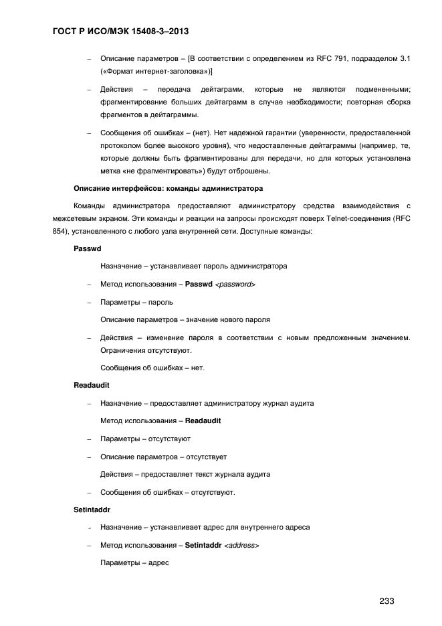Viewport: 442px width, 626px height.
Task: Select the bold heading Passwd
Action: click(x=86, y=248)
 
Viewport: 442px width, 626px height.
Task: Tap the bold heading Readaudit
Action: click(x=91, y=386)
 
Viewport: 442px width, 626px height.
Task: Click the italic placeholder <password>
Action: click(x=235, y=285)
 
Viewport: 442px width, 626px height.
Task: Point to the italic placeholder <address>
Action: click(x=241, y=545)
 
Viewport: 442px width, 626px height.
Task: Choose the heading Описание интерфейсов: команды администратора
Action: click(x=168, y=188)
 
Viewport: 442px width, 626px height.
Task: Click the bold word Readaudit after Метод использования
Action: click(x=203, y=420)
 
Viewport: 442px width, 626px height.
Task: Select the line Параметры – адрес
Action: click(x=134, y=562)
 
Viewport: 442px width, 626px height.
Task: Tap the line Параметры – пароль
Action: click(x=136, y=302)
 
